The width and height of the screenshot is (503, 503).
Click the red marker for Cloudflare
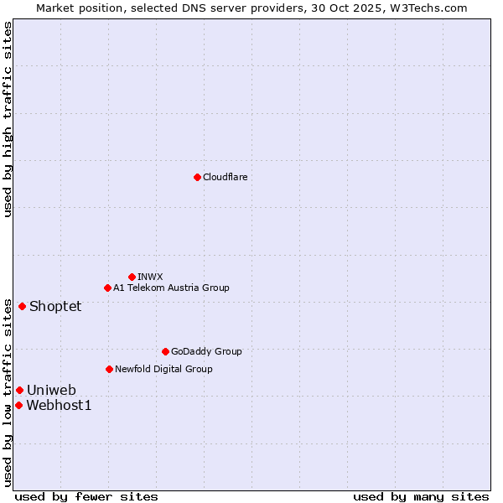point(197,177)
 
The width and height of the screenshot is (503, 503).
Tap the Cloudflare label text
point(225,177)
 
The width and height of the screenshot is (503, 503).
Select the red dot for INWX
point(132,277)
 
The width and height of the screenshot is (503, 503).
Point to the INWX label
point(150,277)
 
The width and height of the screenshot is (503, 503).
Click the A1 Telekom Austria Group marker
point(107,288)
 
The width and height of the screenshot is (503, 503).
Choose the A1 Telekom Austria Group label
point(171,288)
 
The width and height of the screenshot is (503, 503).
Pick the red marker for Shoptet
point(22,306)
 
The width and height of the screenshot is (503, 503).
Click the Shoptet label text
point(55,306)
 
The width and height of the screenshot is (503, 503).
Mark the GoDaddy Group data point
point(165,351)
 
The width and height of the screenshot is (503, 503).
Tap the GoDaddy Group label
point(206,351)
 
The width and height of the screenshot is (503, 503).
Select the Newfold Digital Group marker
point(109,369)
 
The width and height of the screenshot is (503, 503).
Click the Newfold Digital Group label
point(163,369)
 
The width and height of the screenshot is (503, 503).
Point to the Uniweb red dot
point(19,390)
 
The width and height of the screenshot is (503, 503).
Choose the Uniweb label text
point(51,390)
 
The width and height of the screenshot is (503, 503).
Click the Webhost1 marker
point(18,405)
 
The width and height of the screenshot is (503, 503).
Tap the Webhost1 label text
point(59,406)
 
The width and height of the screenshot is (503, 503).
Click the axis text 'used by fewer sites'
point(86,496)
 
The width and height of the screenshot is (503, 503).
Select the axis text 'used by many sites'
point(421,496)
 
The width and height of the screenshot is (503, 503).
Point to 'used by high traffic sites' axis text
point(8,119)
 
